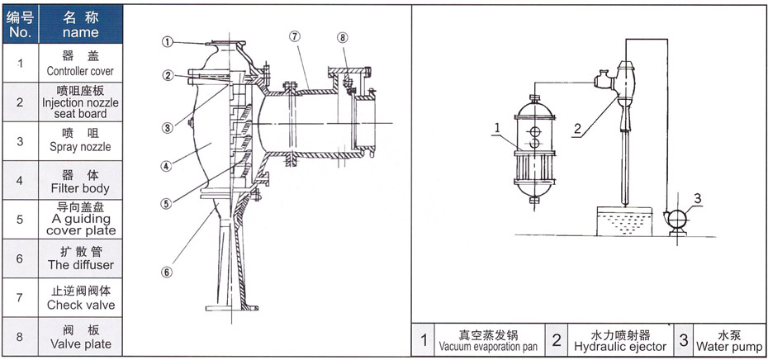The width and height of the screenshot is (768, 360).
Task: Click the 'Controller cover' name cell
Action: (80, 64)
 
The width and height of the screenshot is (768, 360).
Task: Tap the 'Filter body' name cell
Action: (80, 182)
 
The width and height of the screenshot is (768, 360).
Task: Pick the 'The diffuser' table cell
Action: (80, 258)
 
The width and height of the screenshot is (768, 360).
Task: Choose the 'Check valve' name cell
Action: (80, 298)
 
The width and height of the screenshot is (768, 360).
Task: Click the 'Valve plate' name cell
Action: (80, 337)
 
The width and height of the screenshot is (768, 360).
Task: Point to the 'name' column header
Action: (80, 25)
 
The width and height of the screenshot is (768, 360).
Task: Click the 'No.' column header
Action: (20, 25)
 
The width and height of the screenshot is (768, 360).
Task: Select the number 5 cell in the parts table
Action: (20, 220)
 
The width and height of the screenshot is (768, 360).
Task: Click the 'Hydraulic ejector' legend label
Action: (619, 340)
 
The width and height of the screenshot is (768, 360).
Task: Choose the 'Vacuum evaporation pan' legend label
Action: (489, 340)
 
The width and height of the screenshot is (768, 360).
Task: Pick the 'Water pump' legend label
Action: (728, 340)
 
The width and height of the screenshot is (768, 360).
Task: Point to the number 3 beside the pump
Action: (697, 198)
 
